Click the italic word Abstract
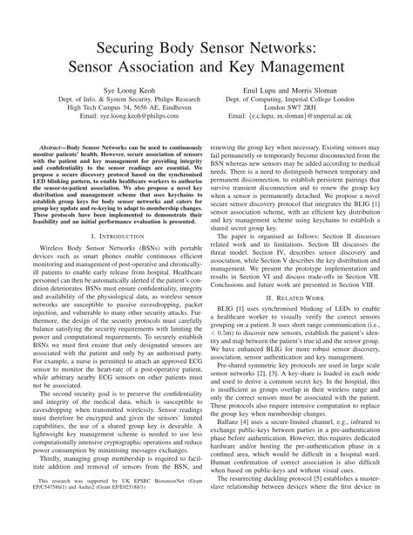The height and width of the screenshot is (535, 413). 48,151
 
